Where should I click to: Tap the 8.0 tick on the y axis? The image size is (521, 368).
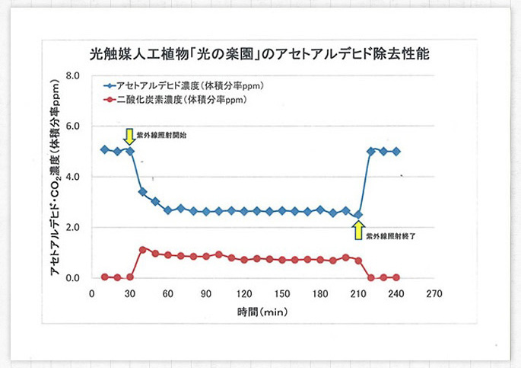pos(73,75)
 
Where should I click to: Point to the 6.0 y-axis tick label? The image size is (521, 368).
pos(73,126)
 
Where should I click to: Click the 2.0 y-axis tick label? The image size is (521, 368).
pos(73,227)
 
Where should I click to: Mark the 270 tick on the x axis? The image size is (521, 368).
pos(435,293)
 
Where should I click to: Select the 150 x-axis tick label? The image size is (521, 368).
pos(282,293)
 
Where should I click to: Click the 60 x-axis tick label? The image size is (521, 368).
pos(168,293)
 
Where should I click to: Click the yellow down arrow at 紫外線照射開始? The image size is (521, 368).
pos(129,136)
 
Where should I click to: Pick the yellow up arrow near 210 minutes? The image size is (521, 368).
pos(358,229)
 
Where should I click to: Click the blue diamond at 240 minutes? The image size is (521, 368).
pos(396,152)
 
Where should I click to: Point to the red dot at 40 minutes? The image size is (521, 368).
pos(142,249)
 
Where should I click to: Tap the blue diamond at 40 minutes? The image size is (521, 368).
pos(142,192)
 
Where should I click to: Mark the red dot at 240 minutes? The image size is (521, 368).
pos(396,277)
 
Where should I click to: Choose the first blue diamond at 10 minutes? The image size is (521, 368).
pos(104,149)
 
